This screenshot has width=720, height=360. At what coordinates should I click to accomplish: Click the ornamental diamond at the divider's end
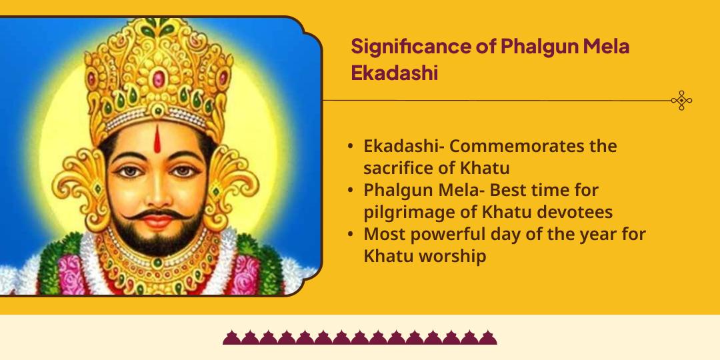681,101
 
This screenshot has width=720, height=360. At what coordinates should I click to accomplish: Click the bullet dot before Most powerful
351,235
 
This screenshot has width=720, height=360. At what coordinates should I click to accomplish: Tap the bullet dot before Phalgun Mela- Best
351,191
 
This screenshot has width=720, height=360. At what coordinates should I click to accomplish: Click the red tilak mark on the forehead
158,141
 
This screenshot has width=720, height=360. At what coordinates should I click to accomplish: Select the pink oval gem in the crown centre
158,79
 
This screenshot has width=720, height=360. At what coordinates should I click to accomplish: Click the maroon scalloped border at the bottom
360,337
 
